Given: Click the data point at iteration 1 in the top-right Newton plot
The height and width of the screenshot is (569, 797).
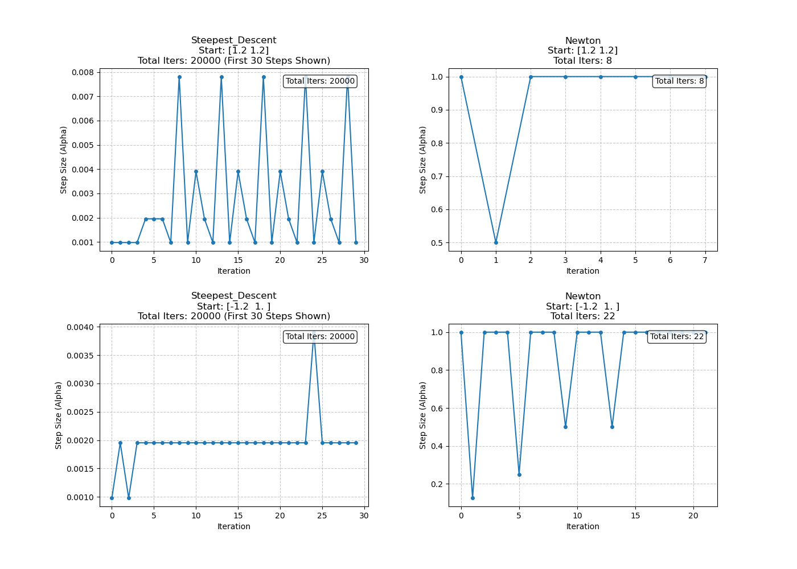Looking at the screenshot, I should click(496, 242).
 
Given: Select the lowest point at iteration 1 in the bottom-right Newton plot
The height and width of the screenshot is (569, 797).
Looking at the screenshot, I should click(473, 498).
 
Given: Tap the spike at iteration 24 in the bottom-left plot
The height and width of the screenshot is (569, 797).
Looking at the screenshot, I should click(314, 332).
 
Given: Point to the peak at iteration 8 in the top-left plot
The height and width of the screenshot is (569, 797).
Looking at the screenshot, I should click(179, 77).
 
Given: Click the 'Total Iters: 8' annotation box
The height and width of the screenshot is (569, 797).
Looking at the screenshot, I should click(679, 81).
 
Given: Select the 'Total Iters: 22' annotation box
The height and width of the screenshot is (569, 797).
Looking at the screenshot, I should click(677, 336).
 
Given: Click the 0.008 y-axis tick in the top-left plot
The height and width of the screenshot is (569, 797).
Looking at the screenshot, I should click(82, 72).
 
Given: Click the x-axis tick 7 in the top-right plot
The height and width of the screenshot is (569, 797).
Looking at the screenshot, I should click(705, 260).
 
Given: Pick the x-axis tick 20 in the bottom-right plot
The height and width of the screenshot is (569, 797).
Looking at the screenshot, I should click(693, 516).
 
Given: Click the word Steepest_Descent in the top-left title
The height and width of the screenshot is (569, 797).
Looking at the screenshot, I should click(233, 40).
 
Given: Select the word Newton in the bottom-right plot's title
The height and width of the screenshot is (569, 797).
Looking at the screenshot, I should click(582, 296).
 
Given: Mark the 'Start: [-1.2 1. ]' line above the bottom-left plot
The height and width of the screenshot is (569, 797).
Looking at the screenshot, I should click(233, 306).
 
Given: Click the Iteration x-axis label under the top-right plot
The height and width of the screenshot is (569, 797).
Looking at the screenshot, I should click(582, 271).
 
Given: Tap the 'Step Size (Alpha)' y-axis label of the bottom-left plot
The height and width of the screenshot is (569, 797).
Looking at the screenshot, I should click(59, 415).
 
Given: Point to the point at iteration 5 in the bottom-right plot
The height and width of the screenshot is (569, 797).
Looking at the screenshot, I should click(519, 475).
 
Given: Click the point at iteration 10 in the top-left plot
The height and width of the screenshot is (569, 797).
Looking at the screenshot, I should click(196, 171).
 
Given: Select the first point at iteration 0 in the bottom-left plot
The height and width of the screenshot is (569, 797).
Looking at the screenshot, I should click(112, 498).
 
